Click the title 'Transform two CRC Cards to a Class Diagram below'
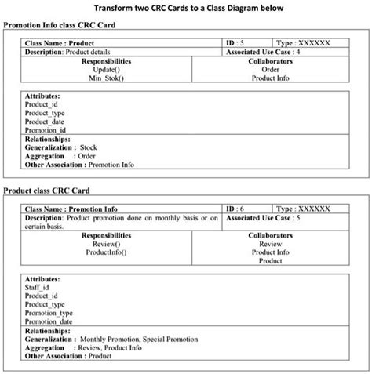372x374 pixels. (185, 8)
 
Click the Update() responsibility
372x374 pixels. (107, 69)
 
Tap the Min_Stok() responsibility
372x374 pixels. (107, 78)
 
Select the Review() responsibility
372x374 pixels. (106, 244)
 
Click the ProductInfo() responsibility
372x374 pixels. (106, 252)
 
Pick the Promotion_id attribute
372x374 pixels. (45, 130)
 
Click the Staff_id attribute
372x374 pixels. (38, 288)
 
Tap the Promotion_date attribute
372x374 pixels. (49, 321)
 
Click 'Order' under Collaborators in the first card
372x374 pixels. (270, 69)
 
